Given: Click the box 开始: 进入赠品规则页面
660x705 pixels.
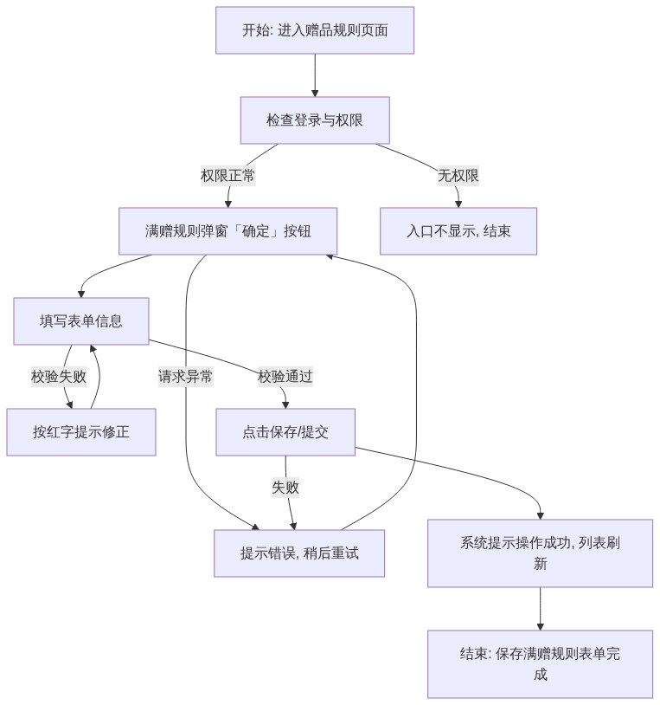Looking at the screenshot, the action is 315,30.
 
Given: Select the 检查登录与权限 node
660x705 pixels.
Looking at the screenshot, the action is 315,120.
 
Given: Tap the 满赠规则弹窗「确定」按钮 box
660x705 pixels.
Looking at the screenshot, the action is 227,231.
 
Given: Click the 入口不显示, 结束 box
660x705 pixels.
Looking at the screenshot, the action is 458,231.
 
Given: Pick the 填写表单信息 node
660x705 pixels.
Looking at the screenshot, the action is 80,321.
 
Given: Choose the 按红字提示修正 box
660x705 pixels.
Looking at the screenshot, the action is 80,432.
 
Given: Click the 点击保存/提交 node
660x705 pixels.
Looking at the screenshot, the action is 285,432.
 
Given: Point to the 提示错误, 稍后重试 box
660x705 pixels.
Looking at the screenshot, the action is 299,553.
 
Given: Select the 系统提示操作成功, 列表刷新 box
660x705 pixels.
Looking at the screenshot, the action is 540,553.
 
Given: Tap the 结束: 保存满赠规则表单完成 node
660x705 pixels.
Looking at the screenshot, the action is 540,664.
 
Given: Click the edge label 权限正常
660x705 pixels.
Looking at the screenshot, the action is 227,175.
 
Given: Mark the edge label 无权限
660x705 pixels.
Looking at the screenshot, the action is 458,175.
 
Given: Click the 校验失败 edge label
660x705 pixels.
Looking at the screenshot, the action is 59,377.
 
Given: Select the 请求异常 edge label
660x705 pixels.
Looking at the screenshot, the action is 185,377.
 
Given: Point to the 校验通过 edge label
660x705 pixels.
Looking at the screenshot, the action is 285,377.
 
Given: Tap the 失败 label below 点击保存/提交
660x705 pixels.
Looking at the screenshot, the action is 285,488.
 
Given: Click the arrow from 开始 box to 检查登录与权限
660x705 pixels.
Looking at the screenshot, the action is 315,75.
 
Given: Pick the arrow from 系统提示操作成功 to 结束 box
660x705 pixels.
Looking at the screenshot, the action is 540,609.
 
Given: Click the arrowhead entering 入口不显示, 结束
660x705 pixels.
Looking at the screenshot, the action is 458,204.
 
